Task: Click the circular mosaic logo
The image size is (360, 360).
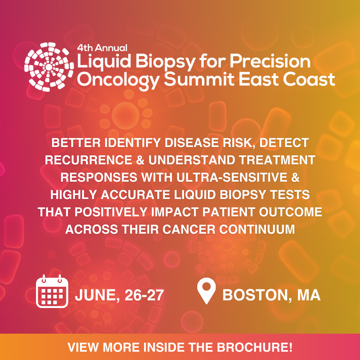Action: [x=49, y=67]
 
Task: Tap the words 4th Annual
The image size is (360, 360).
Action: [x=102, y=48]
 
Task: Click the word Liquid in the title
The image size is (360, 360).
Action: [x=100, y=62]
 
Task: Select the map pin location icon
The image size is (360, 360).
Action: [x=206, y=291]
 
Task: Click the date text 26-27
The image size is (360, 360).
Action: [x=144, y=295]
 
